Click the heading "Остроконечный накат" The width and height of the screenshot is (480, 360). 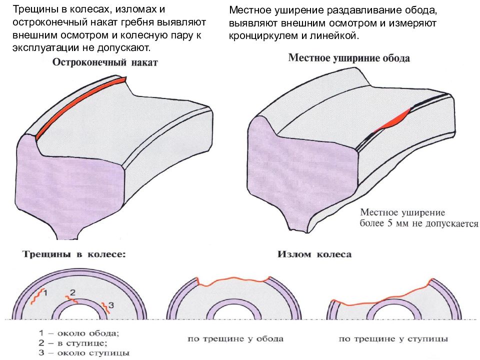(105, 62)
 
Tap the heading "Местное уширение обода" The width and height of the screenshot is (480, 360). (349, 58)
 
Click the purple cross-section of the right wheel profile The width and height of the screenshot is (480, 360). (301, 174)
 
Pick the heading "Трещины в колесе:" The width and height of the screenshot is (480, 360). (74, 254)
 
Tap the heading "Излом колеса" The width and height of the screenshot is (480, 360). (314, 254)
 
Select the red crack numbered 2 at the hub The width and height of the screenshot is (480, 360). (71, 299)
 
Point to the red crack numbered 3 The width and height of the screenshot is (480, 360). (105, 307)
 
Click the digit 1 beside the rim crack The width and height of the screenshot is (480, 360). (45, 293)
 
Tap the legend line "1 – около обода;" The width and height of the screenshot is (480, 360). (79, 333)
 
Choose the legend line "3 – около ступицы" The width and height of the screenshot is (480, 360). (84, 352)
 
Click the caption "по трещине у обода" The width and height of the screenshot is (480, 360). (235, 339)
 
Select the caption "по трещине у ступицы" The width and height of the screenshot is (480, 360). (393, 339)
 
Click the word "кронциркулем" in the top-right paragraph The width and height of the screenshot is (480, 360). (263, 36)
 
